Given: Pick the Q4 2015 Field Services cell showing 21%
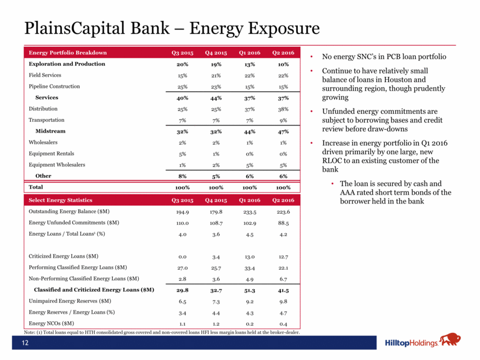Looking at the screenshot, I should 215,75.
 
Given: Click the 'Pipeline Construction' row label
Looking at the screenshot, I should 54,87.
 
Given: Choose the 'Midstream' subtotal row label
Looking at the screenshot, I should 50,131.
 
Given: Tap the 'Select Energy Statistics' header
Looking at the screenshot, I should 61,199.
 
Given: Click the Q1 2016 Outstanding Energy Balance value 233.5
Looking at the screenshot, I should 249,211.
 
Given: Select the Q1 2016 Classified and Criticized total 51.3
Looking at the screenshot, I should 249,290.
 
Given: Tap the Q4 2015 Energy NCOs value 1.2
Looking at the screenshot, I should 216,323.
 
